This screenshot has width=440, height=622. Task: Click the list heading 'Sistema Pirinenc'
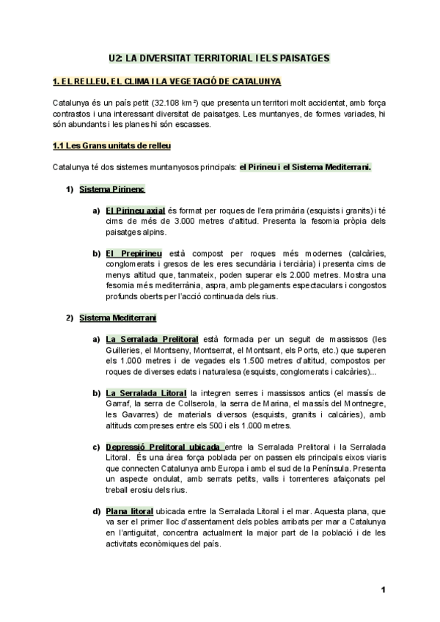coord(111,189)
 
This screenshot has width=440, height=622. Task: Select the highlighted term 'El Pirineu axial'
coord(135,211)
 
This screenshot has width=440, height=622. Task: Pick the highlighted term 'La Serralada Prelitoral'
coord(152,340)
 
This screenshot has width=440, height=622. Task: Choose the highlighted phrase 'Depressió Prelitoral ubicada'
coord(164,447)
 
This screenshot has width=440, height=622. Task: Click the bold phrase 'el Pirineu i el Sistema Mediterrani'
coord(305,168)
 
